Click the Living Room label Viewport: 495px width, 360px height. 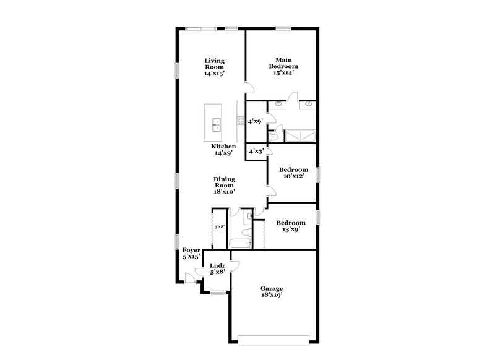[214, 67]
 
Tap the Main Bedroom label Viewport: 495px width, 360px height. [283, 66]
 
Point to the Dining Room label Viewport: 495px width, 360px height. [223, 185]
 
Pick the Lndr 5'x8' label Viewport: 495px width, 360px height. [217, 270]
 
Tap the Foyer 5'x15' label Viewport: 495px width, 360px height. [191, 253]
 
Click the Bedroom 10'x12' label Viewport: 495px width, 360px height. [293, 173]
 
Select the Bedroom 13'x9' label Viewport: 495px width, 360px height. [290, 226]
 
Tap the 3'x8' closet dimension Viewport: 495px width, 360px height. [218, 228]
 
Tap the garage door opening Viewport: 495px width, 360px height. [273, 338]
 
